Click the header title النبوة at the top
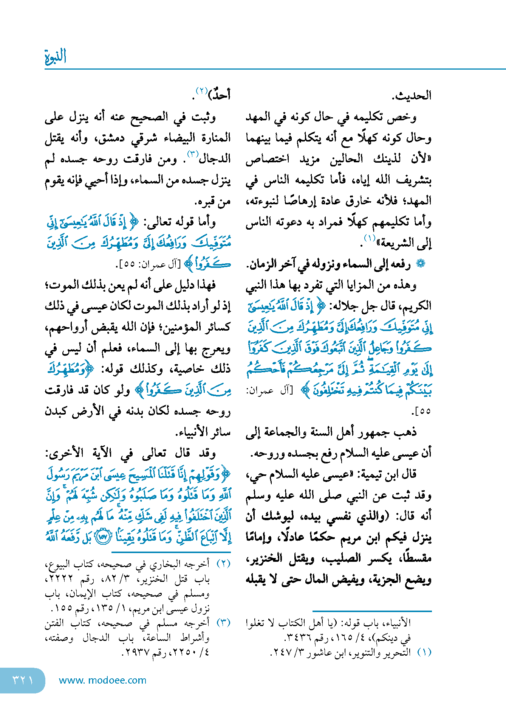(56, 57)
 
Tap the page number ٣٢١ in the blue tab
(23, 680)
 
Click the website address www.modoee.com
(102, 680)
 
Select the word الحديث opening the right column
(412, 96)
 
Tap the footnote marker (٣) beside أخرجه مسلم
(223, 623)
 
